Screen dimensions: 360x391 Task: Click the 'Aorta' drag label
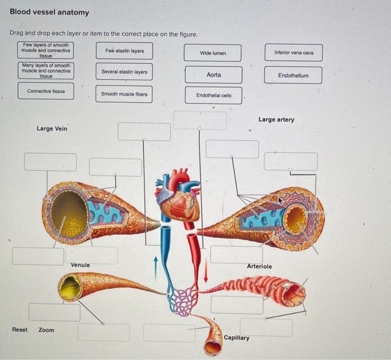pyautogui.click(x=213, y=75)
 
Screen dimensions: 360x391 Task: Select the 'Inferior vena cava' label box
pyautogui.click(x=294, y=53)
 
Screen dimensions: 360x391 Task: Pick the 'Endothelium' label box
pyautogui.click(x=293, y=75)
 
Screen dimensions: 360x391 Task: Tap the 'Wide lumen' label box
pyautogui.click(x=213, y=53)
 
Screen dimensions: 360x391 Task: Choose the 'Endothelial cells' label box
pyautogui.click(x=213, y=96)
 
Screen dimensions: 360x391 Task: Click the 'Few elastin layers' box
pyautogui.click(x=124, y=51)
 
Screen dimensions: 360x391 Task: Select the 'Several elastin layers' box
pyautogui.click(x=124, y=72)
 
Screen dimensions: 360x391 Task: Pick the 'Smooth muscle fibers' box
pyautogui.click(x=124, y=94)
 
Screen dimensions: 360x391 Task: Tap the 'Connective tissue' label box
pyautogui.click(x=46, y=91)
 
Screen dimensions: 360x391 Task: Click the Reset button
pyautogui.click(x=20, y=330)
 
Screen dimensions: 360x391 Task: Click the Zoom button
pyautogui.click(x=46, y=330)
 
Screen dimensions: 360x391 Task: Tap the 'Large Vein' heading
pyautogui.click(x=52, y=129)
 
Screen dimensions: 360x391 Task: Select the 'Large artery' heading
pyautogui.click(x=276, y=120)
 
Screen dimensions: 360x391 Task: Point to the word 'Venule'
pyautogui.click(x=80, y=264)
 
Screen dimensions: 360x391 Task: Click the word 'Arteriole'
pyautogui.click(x=259, y=266)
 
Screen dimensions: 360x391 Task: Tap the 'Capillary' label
pyautogui.click(x=237, y=338)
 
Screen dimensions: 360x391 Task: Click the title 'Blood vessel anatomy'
pyautogui.click(x=49, y=12)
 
